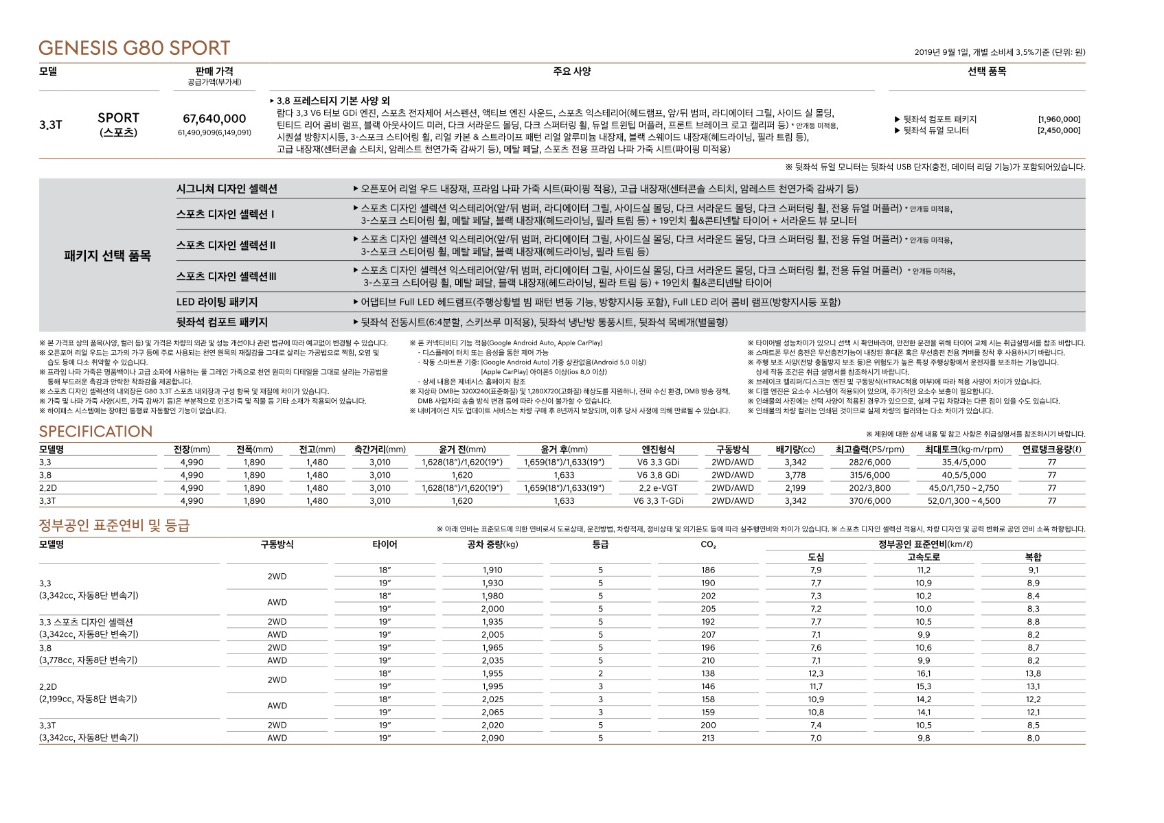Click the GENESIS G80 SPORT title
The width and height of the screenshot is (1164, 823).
pos(134,48)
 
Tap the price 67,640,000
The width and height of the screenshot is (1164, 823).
pos(214,119)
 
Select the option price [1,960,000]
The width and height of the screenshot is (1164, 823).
pos(1058,119)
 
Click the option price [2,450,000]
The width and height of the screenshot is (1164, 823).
pos(1058,130)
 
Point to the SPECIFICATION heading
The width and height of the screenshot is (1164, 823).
pos(95,432)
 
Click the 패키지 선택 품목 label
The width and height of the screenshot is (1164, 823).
pos(107,256)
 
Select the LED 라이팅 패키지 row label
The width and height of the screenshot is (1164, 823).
pos(217,302)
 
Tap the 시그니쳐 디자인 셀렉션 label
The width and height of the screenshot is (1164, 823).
pos(227,189)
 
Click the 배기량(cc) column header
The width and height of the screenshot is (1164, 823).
pos(795,450)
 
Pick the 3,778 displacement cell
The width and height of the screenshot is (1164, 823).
pos(795,475)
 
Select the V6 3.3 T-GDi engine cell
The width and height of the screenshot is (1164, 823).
pos(658,501)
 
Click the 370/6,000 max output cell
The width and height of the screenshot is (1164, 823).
pos(869,501)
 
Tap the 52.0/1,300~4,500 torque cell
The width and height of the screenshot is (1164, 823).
pos(963,501)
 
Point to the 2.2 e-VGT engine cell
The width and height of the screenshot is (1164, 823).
pos(658,488)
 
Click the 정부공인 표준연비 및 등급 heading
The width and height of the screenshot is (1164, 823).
pos(114,526)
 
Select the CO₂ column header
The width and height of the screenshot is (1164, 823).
pos(708,545)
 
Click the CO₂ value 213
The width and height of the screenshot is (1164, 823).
pos(708,739)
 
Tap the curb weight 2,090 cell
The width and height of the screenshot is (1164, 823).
pos(492,739)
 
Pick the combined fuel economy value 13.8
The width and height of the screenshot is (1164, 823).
pos(1033,674)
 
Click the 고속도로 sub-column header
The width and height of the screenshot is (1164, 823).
pos(924,557)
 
